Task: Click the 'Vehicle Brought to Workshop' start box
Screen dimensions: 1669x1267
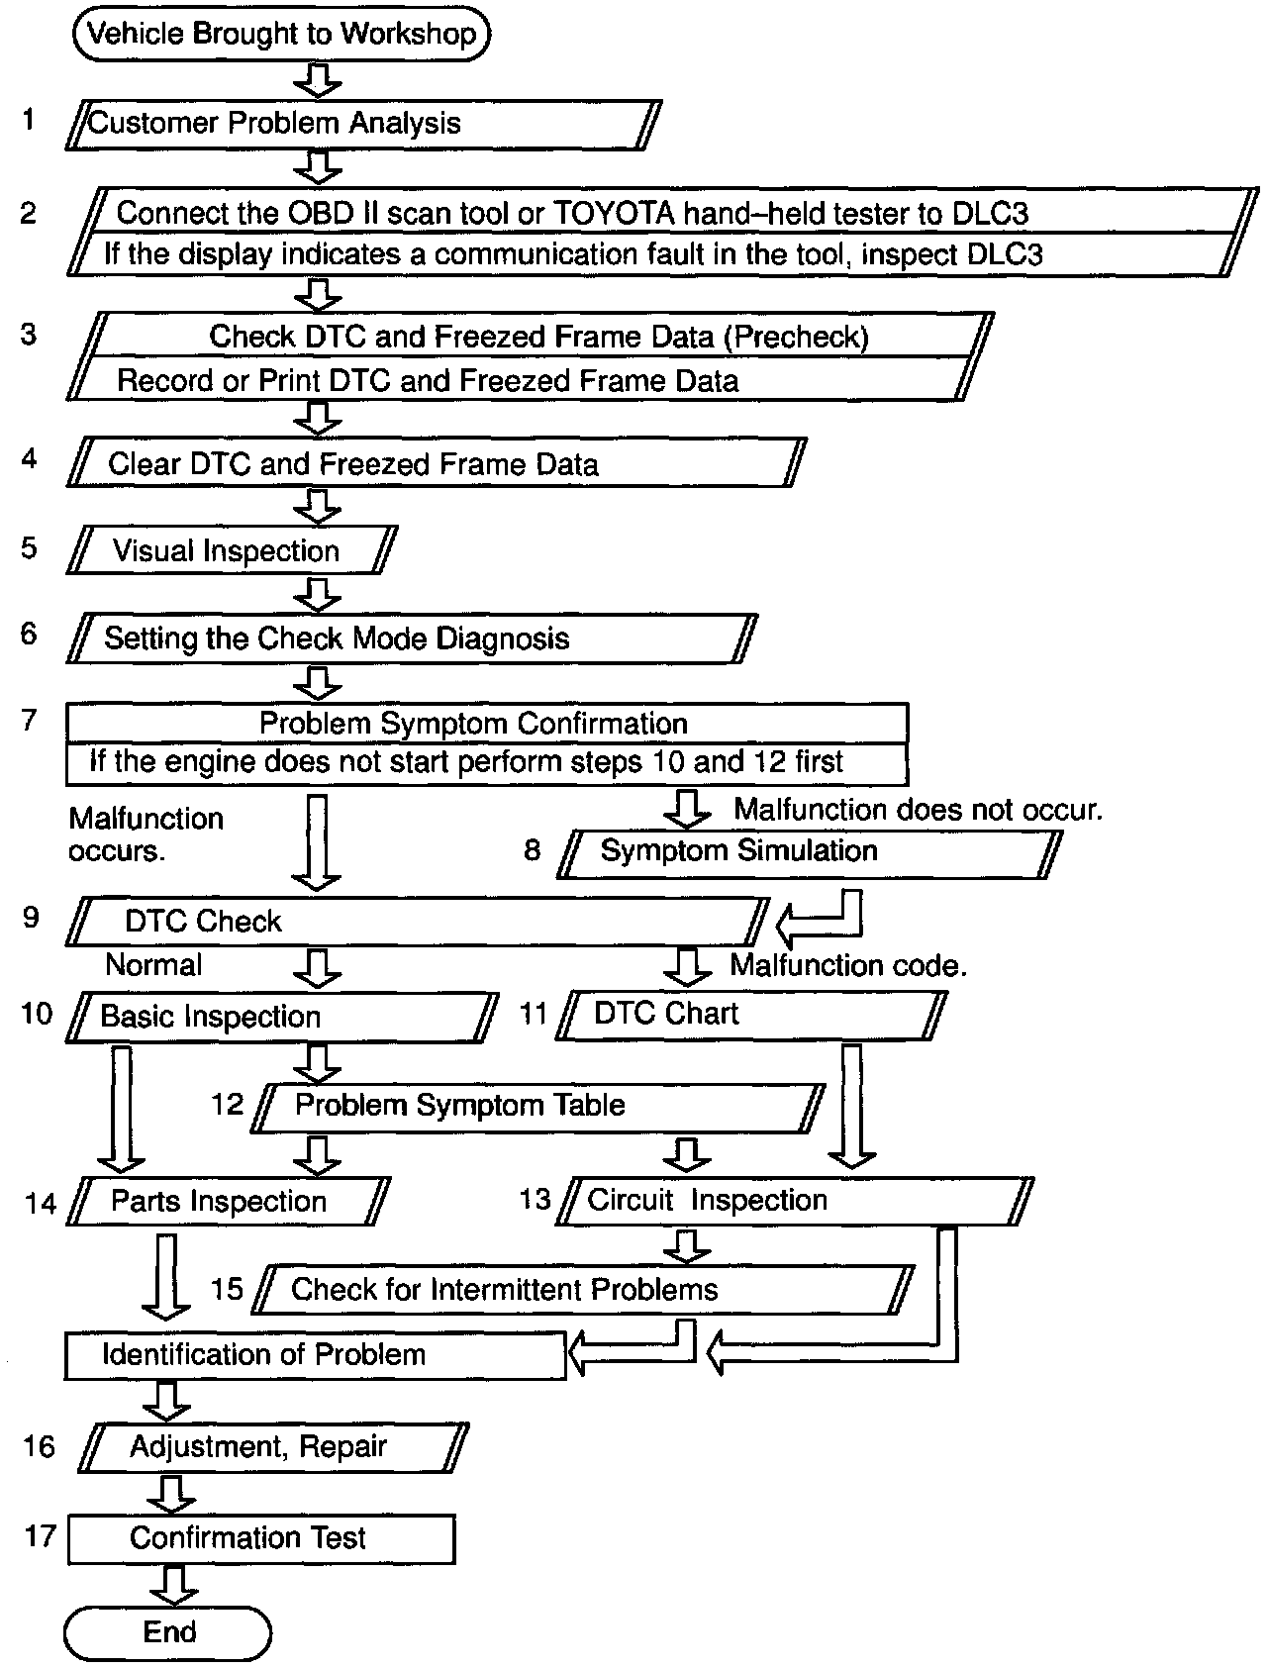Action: [x=281, y=35]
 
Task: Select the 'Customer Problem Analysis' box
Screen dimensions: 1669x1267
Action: [x=362, y=124]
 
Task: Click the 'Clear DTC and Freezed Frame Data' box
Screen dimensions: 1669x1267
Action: [x=436, y=463]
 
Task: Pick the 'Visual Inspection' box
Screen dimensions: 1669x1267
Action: [x=232, y=550]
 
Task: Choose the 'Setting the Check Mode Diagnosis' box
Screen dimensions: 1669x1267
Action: [x=411, y=638]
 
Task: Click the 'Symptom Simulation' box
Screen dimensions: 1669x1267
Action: [x=808, y=851]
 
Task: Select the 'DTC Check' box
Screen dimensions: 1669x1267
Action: [x=416, y=922]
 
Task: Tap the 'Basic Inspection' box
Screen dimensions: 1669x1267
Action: [x=282, y=1017]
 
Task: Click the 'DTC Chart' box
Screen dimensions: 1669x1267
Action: [x=750, y=1015]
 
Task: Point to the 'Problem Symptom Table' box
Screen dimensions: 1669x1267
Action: [x=537, y=1106]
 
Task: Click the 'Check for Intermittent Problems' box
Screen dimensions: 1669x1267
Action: [x=582, y=1289]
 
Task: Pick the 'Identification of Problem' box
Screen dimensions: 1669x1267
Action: [x=315, y=1355]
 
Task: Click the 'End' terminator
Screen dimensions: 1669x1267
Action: [x=167, y=1632]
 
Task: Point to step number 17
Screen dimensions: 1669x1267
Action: [x=41, y=1536]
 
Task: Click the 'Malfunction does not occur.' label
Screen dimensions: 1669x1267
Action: [x=918, y=810]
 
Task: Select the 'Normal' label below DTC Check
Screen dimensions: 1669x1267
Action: [x=153, y=964]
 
